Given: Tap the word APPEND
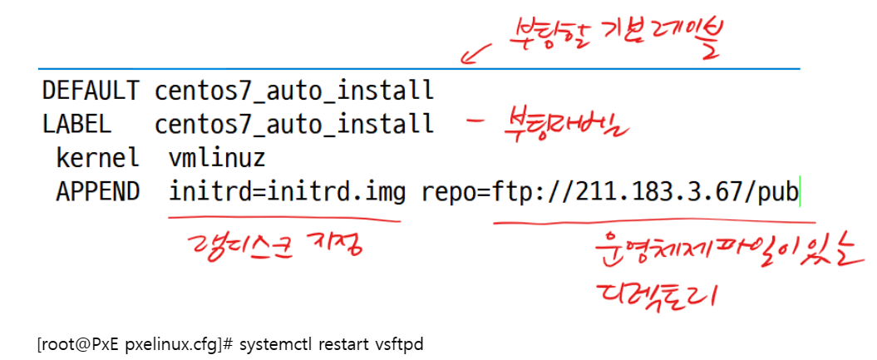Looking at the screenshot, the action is click(x=98, y=192).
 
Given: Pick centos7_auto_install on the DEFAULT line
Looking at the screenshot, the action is click(x=293, y=89).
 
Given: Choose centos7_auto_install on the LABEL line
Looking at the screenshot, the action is click(x=293, y=124).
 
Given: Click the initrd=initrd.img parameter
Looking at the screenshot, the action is click(x=287, y=192).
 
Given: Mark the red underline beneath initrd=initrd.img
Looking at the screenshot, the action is click(x=283, y=220).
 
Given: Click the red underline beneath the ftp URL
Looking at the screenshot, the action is click(x=653, y=224).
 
